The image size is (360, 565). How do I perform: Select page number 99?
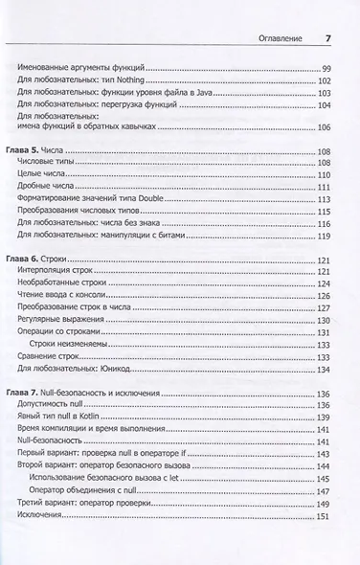(326, 69)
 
